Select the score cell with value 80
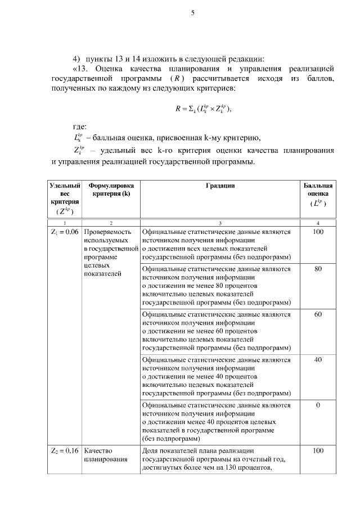tap(318, 269)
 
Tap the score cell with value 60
tap(318, 314)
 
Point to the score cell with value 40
tap(318, 359)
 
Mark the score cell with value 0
tap(318, 405)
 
